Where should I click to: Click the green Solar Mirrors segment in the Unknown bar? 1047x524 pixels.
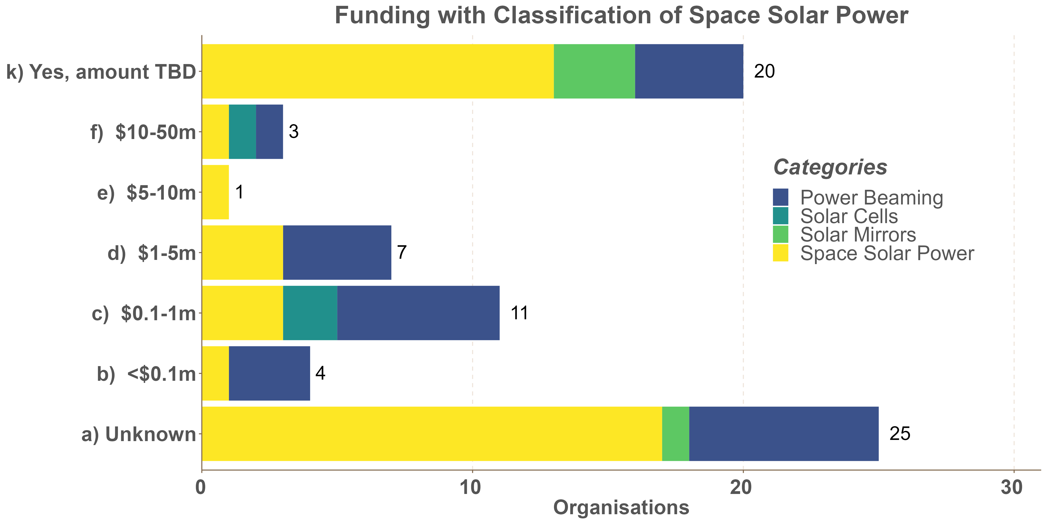(x=675, y=434)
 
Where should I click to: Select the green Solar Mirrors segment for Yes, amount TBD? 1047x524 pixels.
(x=594, y=71)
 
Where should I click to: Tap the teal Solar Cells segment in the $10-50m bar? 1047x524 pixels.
(x=242, y=132)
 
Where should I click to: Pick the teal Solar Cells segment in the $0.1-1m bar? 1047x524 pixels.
(x=310, y=313)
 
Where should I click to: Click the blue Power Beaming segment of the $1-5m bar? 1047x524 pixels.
(x=337, y=253)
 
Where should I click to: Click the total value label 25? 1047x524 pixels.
(x=899, y=434)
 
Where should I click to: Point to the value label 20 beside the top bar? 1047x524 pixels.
(x=764, y=71)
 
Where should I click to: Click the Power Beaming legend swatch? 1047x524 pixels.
(x=780, y=197)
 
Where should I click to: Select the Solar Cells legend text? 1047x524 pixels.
(x=849, y=216)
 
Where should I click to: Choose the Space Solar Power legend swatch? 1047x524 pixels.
(x=780, y=253)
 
